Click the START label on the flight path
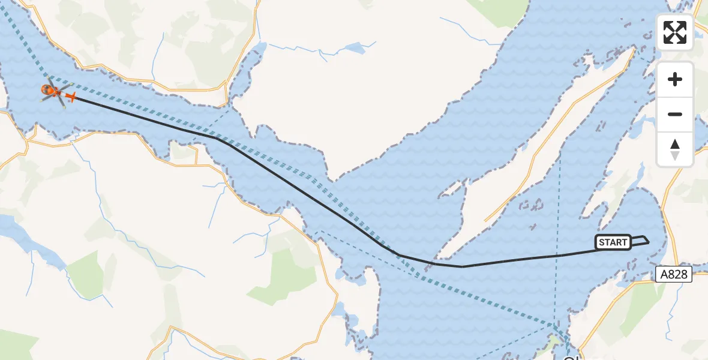pyautogui.click(x=613, y=242)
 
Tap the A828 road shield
pyautogui.click(x=673, y=275)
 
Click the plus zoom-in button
pyautogui.click(x=675, y=79)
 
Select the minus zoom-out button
pyautogui.click(x=675, y=114)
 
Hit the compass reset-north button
pyautogui.click(x=675, y=149)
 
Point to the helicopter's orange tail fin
pyautogui.click(x=71, y=97)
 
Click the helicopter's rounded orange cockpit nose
pyautogui.click(x=46, y=90)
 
